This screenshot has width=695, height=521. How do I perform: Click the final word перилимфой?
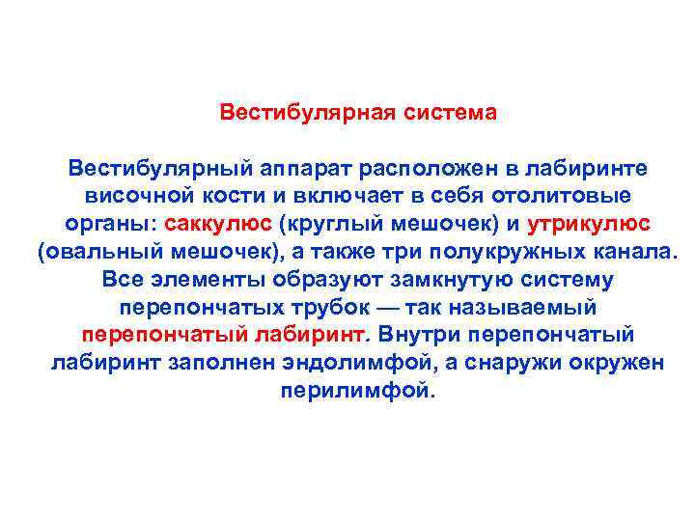point(357,392)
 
